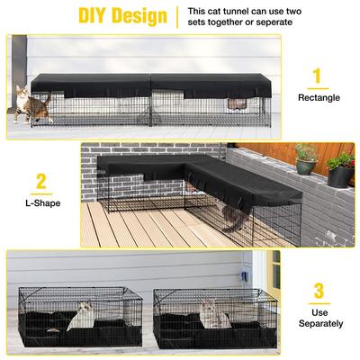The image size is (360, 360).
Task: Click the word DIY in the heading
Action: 98,16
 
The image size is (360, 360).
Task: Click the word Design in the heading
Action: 139,16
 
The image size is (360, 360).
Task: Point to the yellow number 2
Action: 40,183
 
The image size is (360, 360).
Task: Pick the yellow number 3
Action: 317,291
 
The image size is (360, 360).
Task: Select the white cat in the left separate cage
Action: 81,314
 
